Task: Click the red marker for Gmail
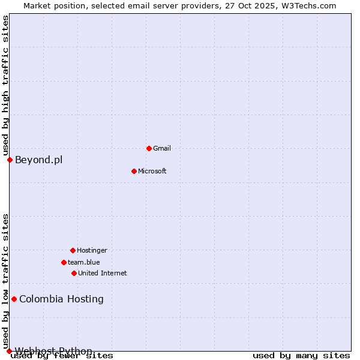coord(149,148)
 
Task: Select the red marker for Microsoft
coord(134,171)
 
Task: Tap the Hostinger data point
coord(73,250)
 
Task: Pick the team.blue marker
coord(64,262)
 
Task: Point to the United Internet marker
coord(74,273)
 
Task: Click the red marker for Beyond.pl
coord(10,160)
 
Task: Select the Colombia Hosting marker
coord(14,299)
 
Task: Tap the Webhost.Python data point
coord(9,351)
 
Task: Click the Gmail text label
coord(162,148)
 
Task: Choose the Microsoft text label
coord(152,171)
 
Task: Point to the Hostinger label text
coord(92,250)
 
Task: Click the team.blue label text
coord(84,262)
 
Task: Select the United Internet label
coord(103,273)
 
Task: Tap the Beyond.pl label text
coord(38,160)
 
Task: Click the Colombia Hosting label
coord(61,299)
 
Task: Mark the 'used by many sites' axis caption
coord(301,356)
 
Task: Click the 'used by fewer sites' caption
coord(62,356)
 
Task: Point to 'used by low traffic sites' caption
coord(5,281)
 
